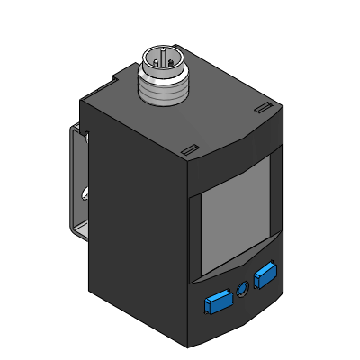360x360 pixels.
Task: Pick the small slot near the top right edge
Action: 262,109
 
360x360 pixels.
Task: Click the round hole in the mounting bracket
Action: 82,193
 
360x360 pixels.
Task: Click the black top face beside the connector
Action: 216,112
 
